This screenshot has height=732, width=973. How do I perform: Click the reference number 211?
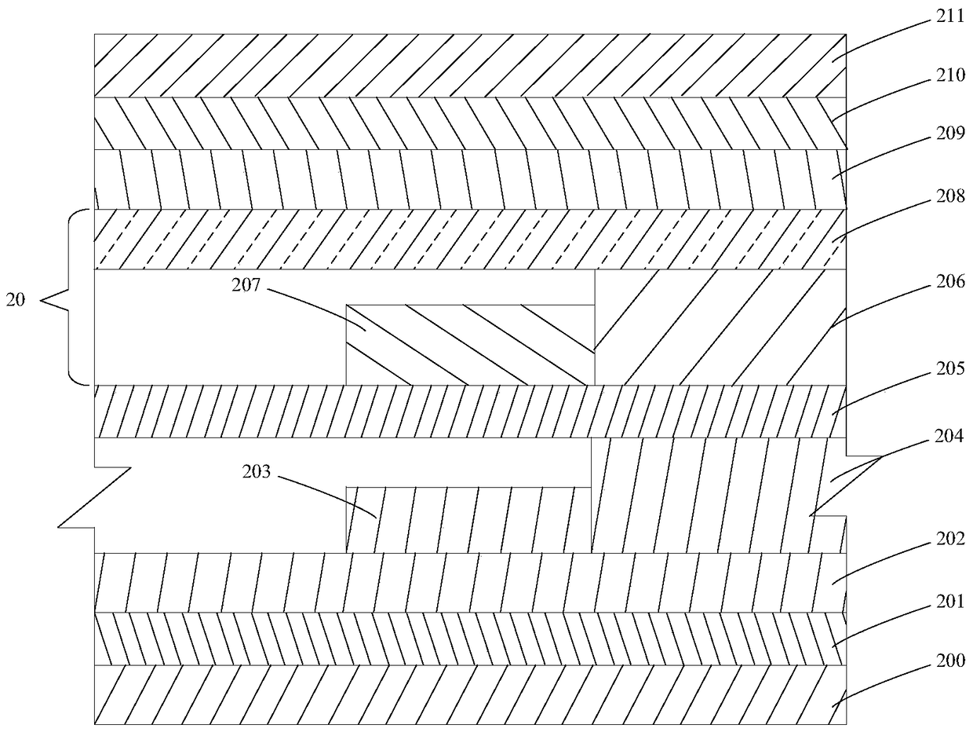950,16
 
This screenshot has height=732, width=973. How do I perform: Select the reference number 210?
950,75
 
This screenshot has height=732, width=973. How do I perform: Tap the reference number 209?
950,133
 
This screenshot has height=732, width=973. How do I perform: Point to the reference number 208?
950,196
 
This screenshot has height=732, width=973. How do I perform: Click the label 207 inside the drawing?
246,285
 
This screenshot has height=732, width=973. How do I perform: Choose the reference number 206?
950,282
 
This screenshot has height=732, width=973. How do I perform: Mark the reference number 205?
950,368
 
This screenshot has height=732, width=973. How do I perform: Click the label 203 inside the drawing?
257,471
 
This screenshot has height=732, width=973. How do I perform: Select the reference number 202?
950,539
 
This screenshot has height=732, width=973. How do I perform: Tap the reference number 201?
950,602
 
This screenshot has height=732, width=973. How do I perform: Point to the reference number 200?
950,661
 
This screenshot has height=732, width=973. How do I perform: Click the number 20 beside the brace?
16,300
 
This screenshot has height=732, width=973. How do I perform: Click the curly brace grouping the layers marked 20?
69,297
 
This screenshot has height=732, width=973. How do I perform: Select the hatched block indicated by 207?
470,345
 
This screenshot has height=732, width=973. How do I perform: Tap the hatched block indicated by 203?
468,520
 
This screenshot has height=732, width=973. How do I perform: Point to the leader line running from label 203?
327,496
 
